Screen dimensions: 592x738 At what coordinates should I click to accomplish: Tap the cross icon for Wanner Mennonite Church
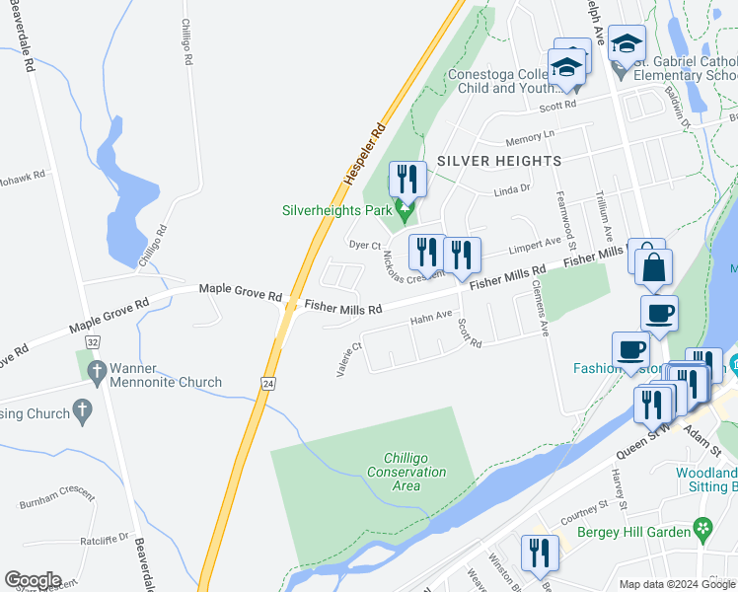click(97, 373)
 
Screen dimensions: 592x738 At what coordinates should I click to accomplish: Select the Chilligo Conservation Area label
click(414, 472)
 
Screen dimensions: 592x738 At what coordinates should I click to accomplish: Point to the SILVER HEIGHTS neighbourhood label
click(499, 160)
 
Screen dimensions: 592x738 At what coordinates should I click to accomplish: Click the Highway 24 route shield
click(267, 382)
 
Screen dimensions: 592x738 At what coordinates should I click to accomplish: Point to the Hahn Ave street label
click(430, 318)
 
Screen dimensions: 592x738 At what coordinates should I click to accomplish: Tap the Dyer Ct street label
click(365, 244)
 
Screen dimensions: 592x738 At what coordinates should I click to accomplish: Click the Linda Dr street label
click(512, 188)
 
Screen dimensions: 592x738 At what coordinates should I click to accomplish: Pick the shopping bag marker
click(653, 267)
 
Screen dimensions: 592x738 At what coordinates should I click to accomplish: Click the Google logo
click(33, 580)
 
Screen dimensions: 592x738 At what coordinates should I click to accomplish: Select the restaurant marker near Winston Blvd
click(539, 553)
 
